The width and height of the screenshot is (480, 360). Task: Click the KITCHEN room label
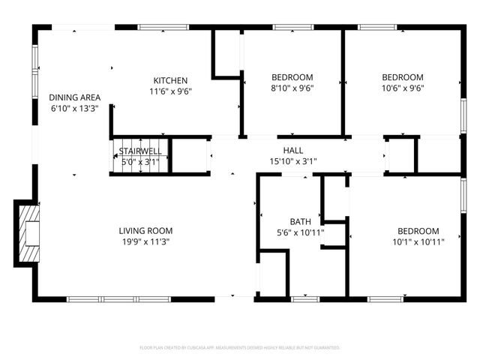pos(170,80)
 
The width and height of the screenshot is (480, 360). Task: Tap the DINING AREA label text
pos(75,97)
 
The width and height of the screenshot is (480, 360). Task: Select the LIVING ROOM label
pos(145,230)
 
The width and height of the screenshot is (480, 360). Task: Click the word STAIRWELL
pos(140,150)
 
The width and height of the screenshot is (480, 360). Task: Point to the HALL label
pos(293,150)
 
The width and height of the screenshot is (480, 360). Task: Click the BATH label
pos(301,221)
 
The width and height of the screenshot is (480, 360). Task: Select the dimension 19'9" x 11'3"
pos(145,241)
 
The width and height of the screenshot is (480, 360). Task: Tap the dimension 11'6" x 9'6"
pos(170,91)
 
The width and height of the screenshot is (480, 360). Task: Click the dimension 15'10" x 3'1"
pos(293,160)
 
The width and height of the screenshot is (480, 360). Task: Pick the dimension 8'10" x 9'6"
pos(292,88)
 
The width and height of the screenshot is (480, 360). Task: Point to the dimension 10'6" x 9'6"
pos(403,88)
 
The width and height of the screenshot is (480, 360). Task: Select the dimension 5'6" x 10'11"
pos(301,232)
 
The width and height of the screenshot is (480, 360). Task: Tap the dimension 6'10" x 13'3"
pos(75,109)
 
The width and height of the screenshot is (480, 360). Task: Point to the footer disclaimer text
pos(240,348)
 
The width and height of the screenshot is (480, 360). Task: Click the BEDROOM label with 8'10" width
pos(292,77)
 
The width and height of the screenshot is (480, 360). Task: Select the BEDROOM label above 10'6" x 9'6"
pos(403,77)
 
